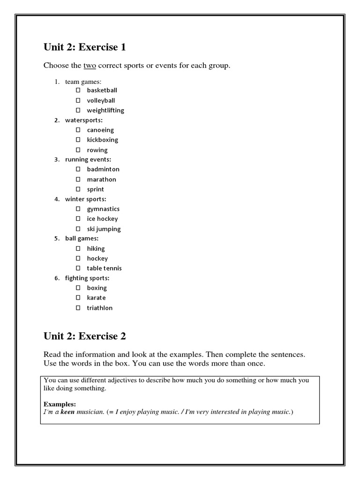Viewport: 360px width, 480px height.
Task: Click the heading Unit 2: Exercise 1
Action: [84, 47]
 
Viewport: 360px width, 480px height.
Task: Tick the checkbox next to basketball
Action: [78, 90]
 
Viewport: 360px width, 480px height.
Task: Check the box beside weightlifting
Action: [78, 110]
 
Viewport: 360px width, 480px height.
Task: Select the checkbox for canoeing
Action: [78, 130]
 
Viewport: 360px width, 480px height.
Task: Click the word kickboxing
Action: [102, 140]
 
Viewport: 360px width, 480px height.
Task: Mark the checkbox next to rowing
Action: [78, 150]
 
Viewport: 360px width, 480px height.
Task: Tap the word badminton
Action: [103, 169]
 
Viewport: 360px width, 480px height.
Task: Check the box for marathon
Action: [78, 179]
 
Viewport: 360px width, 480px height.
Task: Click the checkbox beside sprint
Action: [78, 189]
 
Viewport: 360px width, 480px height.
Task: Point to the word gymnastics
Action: [103, 209]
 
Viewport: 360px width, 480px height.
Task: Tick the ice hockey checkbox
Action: [78, 218]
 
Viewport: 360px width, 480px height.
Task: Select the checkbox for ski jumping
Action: [78, 229]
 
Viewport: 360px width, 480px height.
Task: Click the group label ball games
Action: [82, 239]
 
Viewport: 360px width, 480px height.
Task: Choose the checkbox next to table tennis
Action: [78, 268]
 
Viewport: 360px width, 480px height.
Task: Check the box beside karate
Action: [78, 298]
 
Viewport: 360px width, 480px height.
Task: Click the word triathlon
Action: [99, 308]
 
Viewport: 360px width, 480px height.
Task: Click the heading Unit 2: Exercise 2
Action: [84, 336]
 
